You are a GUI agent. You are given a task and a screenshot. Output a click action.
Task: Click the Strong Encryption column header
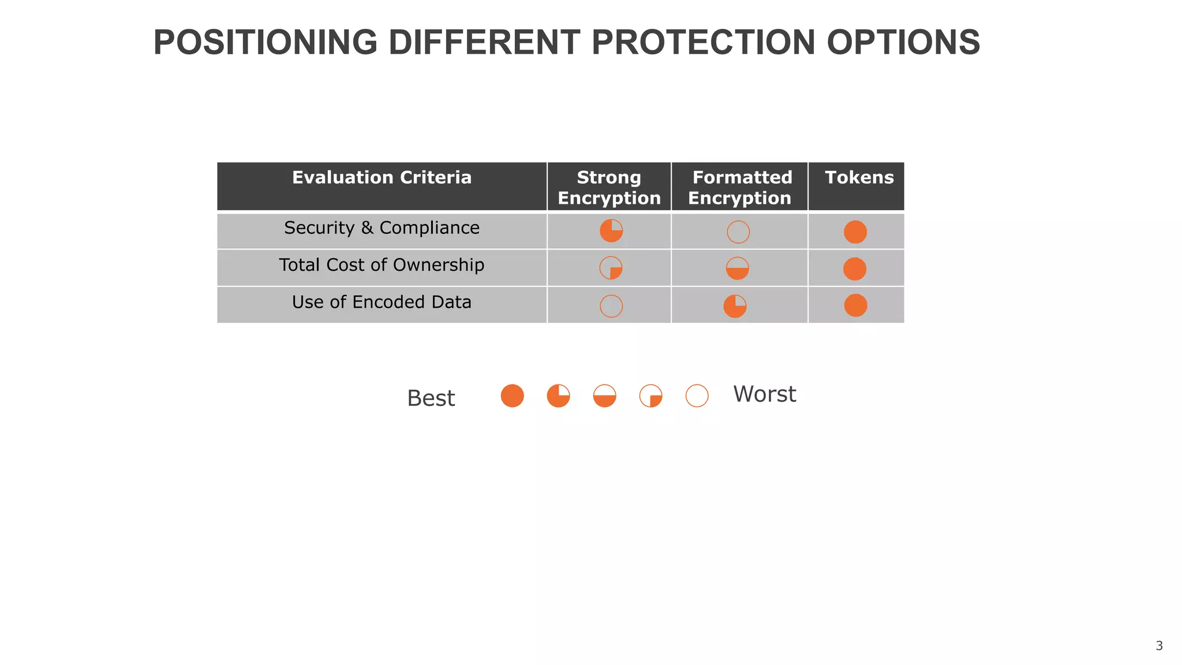coord(609,187)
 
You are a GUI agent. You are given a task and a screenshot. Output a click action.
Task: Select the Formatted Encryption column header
coord(740,187)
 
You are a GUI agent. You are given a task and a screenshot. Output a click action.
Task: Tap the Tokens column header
coord(859,177)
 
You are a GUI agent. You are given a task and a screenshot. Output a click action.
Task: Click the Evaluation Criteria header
coord(381,177)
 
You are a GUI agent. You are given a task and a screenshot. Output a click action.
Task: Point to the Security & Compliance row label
coord(381,228)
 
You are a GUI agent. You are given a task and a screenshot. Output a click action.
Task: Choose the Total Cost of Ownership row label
coord(381,265)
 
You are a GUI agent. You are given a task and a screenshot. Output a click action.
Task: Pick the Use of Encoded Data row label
coord(381,302)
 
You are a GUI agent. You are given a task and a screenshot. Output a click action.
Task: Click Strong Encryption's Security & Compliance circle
coord(611,231)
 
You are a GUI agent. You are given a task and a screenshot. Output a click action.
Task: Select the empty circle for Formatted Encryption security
coord(738,232)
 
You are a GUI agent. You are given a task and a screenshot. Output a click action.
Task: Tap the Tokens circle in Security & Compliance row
coord(855,232)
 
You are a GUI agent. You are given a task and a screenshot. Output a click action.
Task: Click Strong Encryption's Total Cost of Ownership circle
coord(611,268)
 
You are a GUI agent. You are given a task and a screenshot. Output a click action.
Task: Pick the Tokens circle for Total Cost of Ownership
coord(855,269)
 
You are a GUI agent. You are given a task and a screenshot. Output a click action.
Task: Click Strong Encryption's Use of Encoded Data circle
coord(611,306)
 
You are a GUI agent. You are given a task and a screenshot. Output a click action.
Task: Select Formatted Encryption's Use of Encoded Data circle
coord(735,306)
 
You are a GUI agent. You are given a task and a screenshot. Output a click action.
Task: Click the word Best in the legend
coord(431,398)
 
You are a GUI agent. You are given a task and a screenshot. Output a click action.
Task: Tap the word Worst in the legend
coord(764,394)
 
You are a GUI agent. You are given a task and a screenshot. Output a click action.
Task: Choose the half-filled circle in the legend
coord(605,396)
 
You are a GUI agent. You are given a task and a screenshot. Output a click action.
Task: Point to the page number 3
coord(1159,646)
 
